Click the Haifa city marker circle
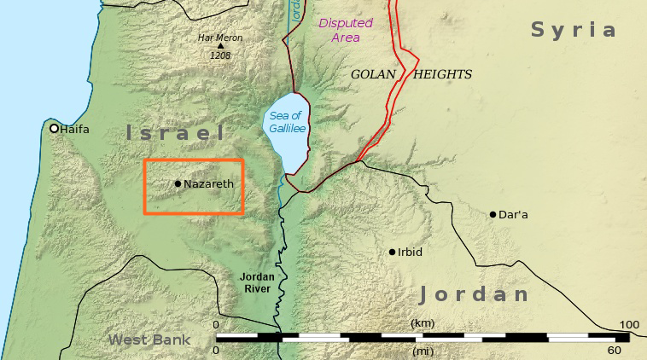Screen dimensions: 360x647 pyautogui.click(x=55, y=129)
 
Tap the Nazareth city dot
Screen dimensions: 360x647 pyautogui.click(x=178, y=183)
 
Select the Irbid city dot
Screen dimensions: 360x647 pyautogui.click(x=393, y=252)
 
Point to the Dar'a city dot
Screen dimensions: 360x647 pyautogui.click(x=493, y=214)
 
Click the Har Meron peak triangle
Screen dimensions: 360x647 pyautogui.click(x=220, y=47)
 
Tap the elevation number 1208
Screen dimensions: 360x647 pyautogui.click(x=220, y=56)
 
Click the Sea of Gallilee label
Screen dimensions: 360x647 pyautogui.click(x=287, y=122)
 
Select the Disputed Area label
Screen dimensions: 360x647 pyautogui.click(x=346, y=31)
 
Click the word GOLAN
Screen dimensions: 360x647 pyautogui.click(x=374, y=74)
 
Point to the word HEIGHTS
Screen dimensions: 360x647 pyautogui.click(x=442, y=74)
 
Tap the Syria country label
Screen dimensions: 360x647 pyautogui.click(x=573, y=30)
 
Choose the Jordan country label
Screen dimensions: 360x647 pyautogui.click(x=475, y=295)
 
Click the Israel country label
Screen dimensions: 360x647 pyautogui.click(x=175, y=133)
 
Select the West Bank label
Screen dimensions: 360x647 pyautogui.click(x=149, y=340)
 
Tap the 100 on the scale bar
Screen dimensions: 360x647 pyautogui.click(x=629, y=325)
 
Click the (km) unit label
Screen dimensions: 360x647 pyautogui.click(x=423, y=323)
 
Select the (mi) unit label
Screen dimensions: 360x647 pyautogui.click(x=423, y=350)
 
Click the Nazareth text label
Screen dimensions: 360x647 pyautogui.click(x=209, y=183)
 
